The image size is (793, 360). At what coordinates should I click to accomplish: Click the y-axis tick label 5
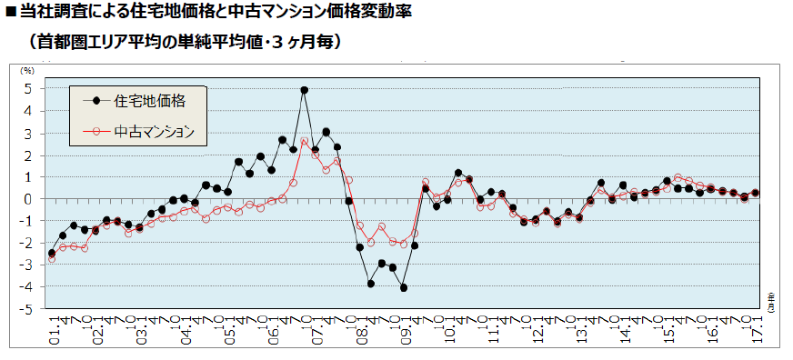(x=29, y=89)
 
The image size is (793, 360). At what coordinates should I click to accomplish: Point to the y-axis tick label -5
(x=27, y=309)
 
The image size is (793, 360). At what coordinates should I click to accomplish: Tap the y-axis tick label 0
(x=29, y=199)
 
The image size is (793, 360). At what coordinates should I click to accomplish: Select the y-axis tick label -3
(x=27, y=265)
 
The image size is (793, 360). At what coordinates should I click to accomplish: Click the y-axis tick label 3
(x=29, y=133)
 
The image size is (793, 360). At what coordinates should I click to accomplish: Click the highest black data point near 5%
(x=304, y=90)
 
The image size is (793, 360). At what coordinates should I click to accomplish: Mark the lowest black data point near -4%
(x=403, y=287)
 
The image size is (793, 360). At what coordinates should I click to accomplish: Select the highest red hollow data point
(x=304, y=142)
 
